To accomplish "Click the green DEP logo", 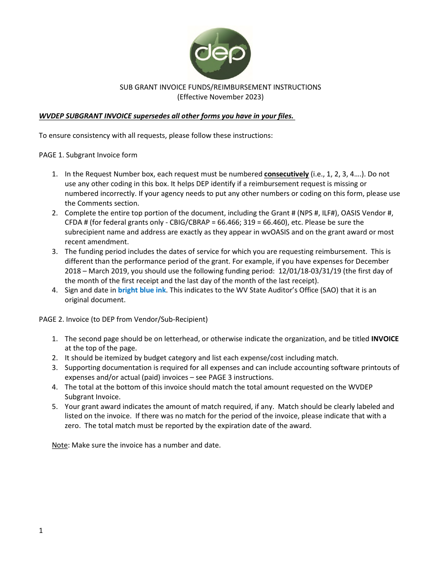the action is (220, 53).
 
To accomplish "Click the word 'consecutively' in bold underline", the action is (286, 174).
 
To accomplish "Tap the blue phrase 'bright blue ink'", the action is (142, 290).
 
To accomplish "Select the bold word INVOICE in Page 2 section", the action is (385, 339).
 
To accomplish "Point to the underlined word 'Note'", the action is (59, 445).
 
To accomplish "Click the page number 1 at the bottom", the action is (41, 531).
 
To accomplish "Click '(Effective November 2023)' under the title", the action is (220, 97).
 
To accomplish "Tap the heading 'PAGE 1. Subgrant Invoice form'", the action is (88, 155).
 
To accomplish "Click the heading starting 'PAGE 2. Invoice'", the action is (123, 319).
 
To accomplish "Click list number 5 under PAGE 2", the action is (55, 407).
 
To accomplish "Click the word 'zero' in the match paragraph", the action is (73, 426).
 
